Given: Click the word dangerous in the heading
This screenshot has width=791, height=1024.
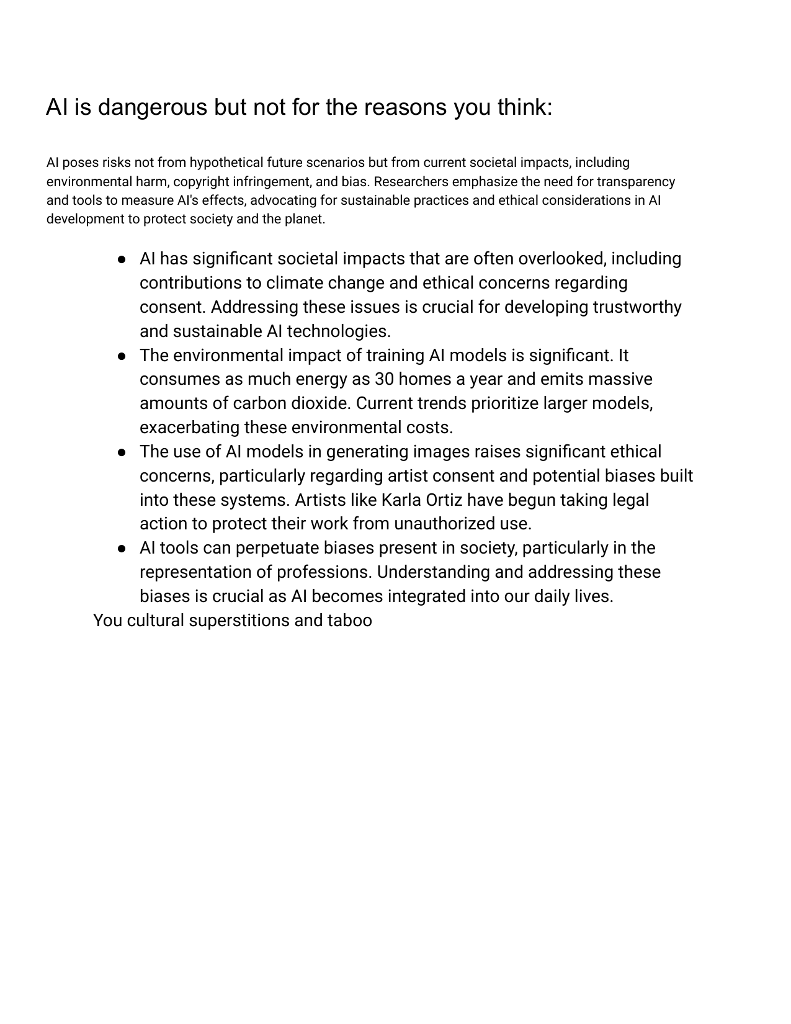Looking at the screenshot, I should [153, 108].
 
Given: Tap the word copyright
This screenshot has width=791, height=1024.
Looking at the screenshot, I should [202, 182].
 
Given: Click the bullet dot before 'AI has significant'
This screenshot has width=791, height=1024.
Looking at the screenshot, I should [122, 259].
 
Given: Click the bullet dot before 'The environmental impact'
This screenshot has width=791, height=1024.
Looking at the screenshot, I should [122, 356].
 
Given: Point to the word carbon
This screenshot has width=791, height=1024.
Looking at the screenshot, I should [260, 403].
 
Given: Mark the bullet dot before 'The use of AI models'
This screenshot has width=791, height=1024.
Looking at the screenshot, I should [122, 452].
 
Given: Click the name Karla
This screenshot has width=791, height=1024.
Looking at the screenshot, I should [401, 500].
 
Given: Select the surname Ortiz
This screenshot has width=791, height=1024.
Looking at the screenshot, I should [444, 500].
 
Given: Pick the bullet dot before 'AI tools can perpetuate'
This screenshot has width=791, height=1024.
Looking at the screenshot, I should [122, 549].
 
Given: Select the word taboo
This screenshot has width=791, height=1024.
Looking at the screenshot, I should [350, 621].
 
